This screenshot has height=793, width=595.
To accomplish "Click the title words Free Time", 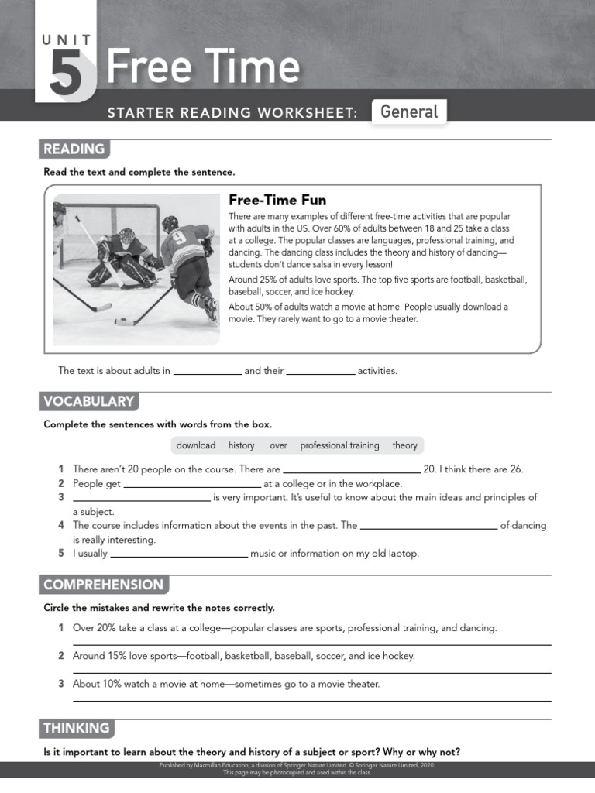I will pos(202,67).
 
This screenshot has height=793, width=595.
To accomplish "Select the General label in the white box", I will pos(409,112).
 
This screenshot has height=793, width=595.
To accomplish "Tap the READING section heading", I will pos(74,149).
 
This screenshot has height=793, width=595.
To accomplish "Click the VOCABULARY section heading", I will pos(88,401).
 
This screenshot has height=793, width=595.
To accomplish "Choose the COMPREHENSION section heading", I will pos(103,585).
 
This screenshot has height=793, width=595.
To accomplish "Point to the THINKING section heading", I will pos(76,728).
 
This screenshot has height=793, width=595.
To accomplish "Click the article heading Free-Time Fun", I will pos(277,201).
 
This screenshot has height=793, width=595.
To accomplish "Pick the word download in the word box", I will pos(196,445).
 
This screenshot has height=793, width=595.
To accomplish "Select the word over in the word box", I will pos(278,445).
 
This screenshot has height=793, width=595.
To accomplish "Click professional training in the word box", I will pos(339,445).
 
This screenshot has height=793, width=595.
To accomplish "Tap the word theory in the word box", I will pos(404,445).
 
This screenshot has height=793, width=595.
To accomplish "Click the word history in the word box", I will pos(241,445).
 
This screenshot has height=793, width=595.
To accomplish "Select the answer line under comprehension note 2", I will pos(311,672).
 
